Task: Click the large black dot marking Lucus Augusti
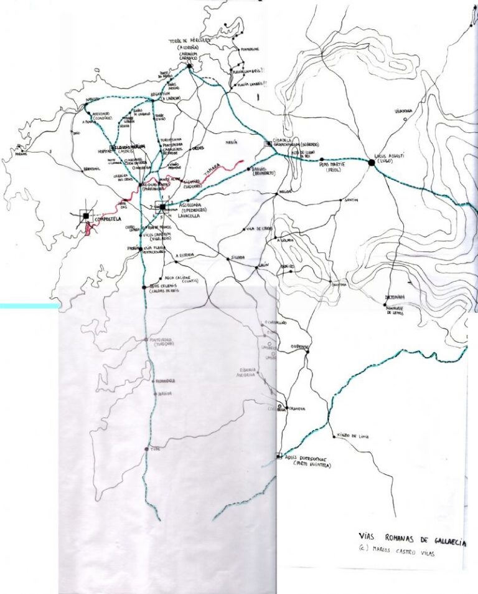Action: pyautogui.click(x=372, y=163)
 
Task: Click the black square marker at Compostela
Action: pyautogui.click(x=85, y=217)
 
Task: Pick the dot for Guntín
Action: pyautogui.click(x=342, y=201)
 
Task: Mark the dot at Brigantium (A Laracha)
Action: pyautogui.click(x=152, y=100)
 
